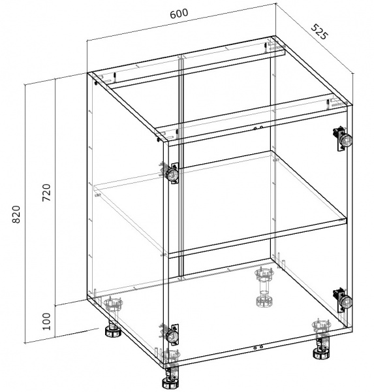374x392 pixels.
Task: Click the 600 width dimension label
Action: click(179, 13)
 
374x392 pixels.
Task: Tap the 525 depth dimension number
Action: click(319, 32)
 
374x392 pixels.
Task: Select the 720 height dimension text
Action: click(46, 193)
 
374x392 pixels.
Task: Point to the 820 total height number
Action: click(16, 214)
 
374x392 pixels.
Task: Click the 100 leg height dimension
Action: click(46, 321)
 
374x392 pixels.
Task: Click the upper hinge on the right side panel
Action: click(343, 139)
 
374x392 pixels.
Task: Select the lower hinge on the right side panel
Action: click(343, 301)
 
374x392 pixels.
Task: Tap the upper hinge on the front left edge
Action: click(170, 173)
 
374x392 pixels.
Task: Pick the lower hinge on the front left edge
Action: click(170, 334)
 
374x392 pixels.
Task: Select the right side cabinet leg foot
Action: click(321, 353)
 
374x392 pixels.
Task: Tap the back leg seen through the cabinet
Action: click(264, 287)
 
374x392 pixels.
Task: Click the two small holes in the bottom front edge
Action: click(258, 347)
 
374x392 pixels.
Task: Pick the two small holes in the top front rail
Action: click(258, 128)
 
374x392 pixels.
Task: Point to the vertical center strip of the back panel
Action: click(181, 166)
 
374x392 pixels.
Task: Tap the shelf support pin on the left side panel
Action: click(98, 195)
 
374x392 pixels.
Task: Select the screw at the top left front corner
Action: click(96, 82)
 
